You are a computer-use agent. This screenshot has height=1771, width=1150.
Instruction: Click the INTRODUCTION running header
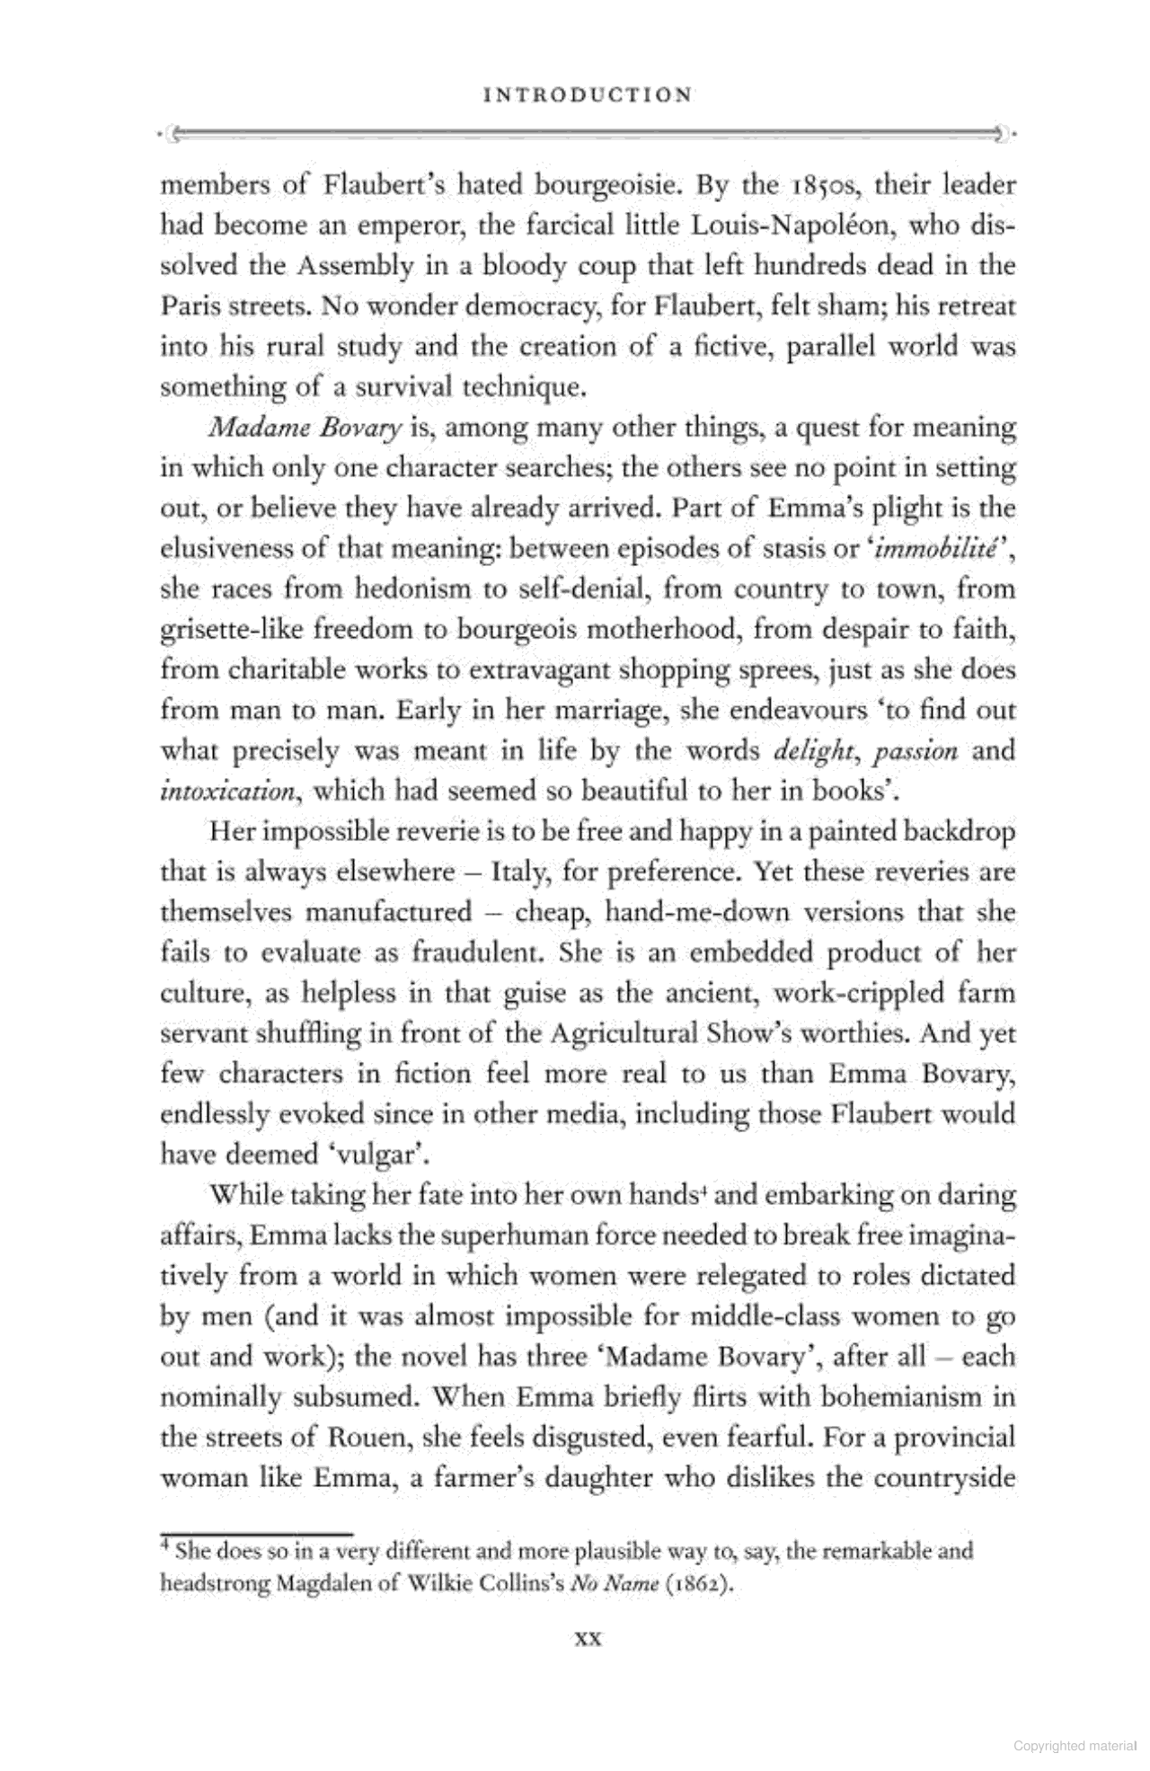tap(588, 95)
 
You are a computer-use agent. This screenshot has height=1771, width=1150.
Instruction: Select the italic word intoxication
tap(226, 792)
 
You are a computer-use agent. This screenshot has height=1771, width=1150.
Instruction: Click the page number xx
tap(588, 1639)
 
